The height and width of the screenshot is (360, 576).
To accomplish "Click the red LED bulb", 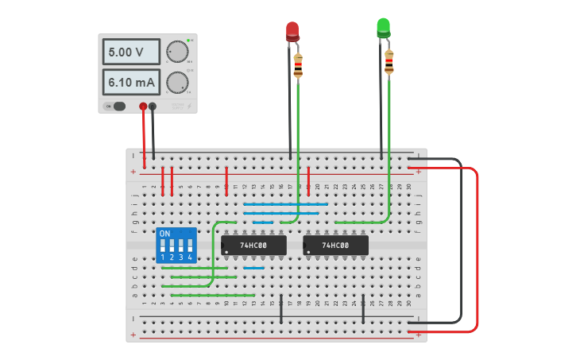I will click(x=292, y=31).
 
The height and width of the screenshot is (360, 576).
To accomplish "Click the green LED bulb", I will click(x=383, y=28).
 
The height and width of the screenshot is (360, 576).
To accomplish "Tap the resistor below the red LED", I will click(x=298, y=65).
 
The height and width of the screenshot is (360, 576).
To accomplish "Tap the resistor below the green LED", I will click(x=389, y=62).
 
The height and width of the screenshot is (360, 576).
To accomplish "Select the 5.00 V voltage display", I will click(x=131, y=52).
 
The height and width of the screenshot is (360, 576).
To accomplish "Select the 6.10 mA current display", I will click(x=131, y=82).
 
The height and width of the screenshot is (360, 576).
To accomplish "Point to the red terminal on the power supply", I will click(x=143, y=106).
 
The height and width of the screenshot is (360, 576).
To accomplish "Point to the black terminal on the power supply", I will click(x=153, y=106).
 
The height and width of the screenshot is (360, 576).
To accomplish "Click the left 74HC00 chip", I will click(x=254, y=246).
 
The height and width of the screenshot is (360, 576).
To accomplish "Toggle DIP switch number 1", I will click(x=163, y=246).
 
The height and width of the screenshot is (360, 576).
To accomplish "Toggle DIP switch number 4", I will click(x=190, y=246).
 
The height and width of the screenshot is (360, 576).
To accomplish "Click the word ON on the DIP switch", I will click(x=164, y=234).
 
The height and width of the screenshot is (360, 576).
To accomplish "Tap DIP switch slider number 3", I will click(x=181, y=246).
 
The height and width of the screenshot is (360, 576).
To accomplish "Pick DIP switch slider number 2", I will click(x=172, y=246).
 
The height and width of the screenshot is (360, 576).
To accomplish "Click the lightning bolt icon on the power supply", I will click(x=188, y=106).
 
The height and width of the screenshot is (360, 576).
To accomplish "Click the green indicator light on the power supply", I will click(x=188, y=40).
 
